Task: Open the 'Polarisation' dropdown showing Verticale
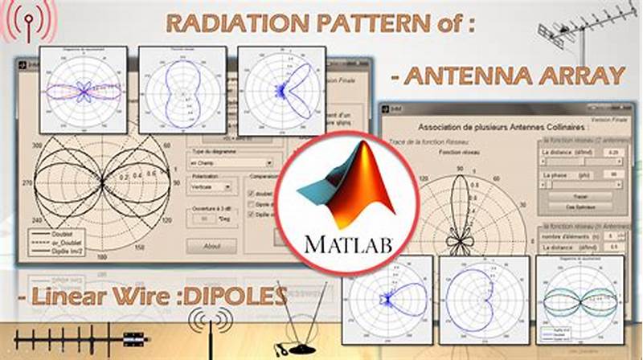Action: pos(211,185)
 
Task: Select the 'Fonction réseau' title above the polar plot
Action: pos(468,152)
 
